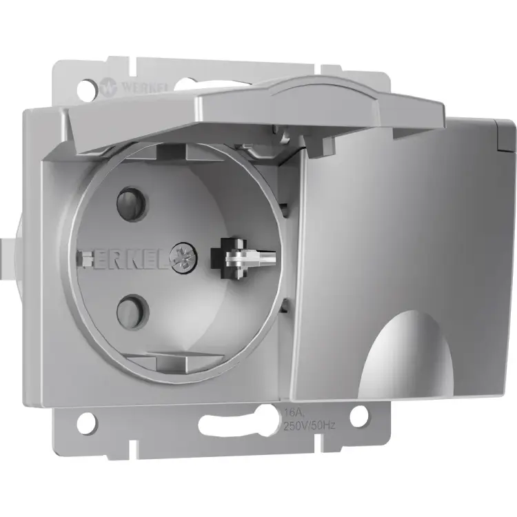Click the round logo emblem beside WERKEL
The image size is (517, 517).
(108, 88)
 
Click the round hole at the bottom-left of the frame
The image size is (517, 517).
(85, 423)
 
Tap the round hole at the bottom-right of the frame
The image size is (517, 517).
(358, 416)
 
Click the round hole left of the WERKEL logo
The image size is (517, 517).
(85, 88)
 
